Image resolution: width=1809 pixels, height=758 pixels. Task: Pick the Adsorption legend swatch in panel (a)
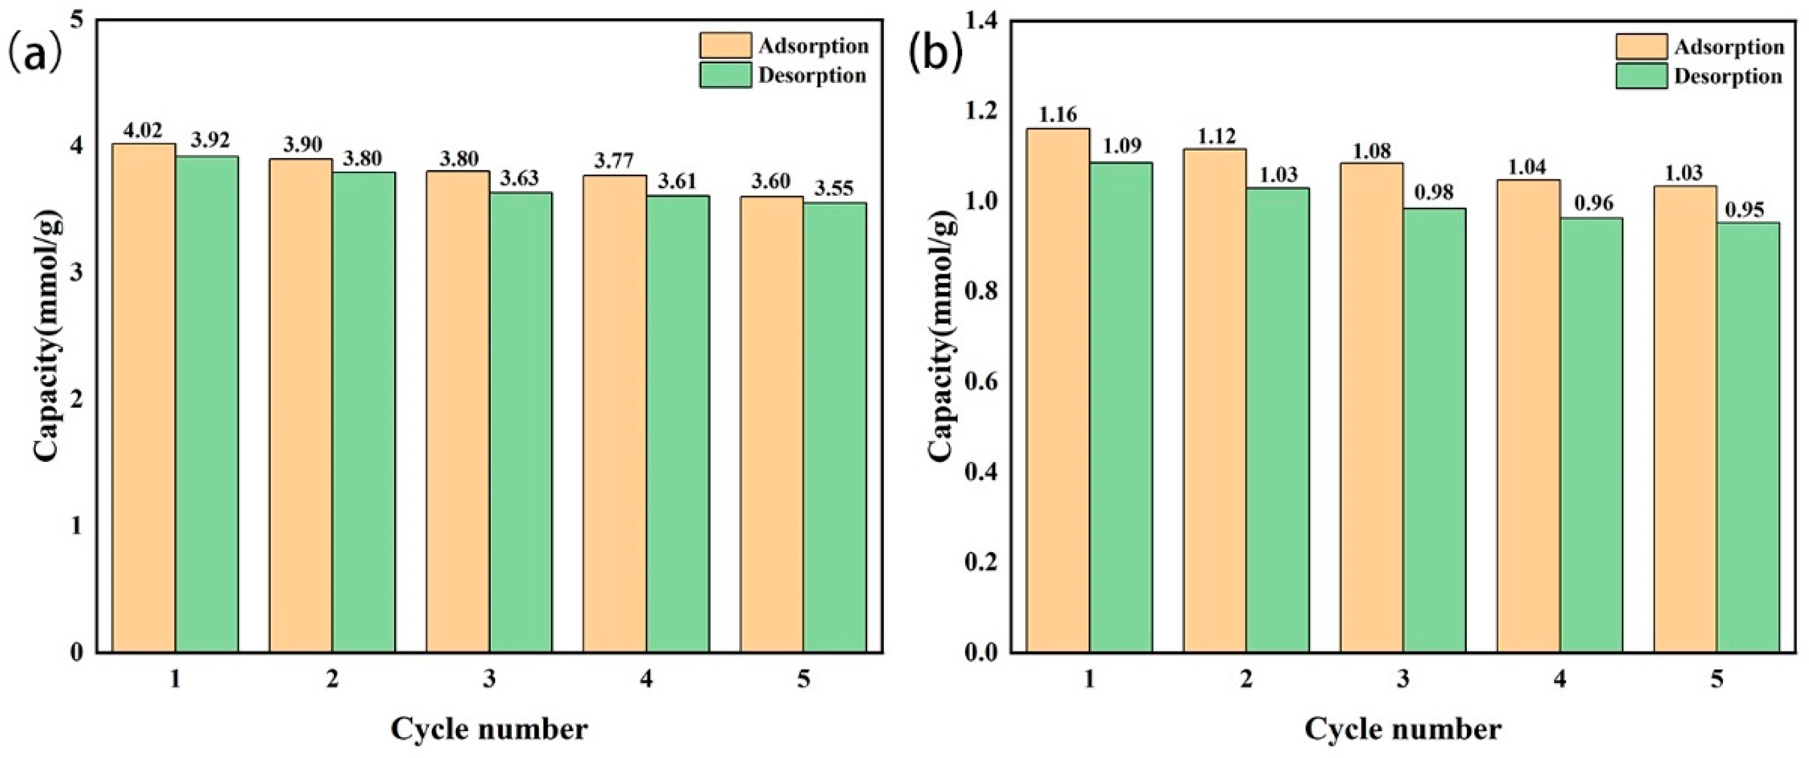click(x=725, y=46)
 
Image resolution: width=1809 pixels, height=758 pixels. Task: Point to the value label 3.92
click(x=210, y=140)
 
